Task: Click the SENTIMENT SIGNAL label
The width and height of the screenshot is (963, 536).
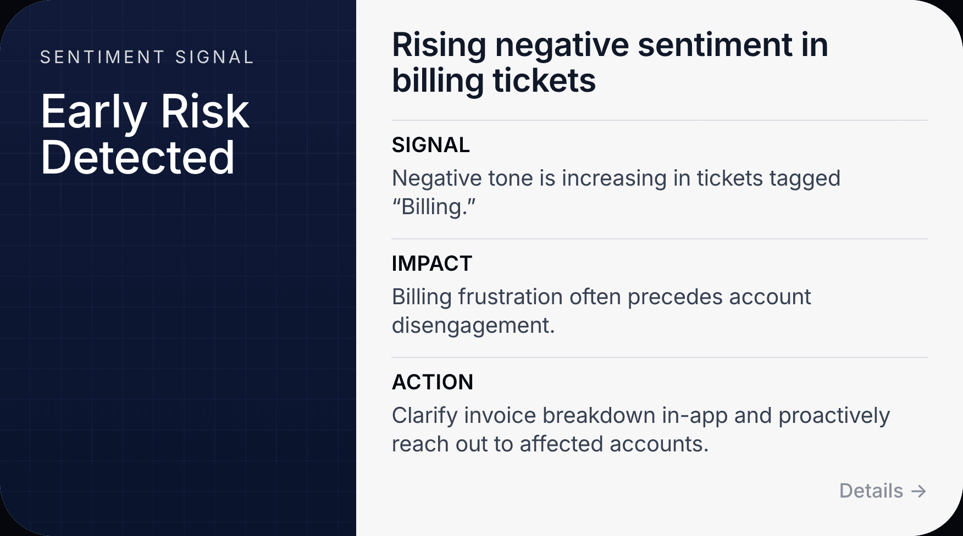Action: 147,57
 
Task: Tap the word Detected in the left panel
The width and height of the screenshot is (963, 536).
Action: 137,158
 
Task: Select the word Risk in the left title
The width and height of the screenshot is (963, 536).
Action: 204,112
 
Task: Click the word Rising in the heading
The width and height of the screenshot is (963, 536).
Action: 439,45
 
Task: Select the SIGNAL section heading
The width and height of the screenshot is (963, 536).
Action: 430,145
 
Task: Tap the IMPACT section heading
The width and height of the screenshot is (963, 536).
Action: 431,264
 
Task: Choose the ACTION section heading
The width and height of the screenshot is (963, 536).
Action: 432,382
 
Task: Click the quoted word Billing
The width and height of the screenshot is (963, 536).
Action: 434,207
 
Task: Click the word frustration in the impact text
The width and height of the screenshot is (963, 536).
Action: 511,297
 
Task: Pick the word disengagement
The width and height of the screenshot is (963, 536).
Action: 473,326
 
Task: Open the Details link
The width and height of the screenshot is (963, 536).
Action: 871,490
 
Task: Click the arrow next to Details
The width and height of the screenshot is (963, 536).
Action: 918,491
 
